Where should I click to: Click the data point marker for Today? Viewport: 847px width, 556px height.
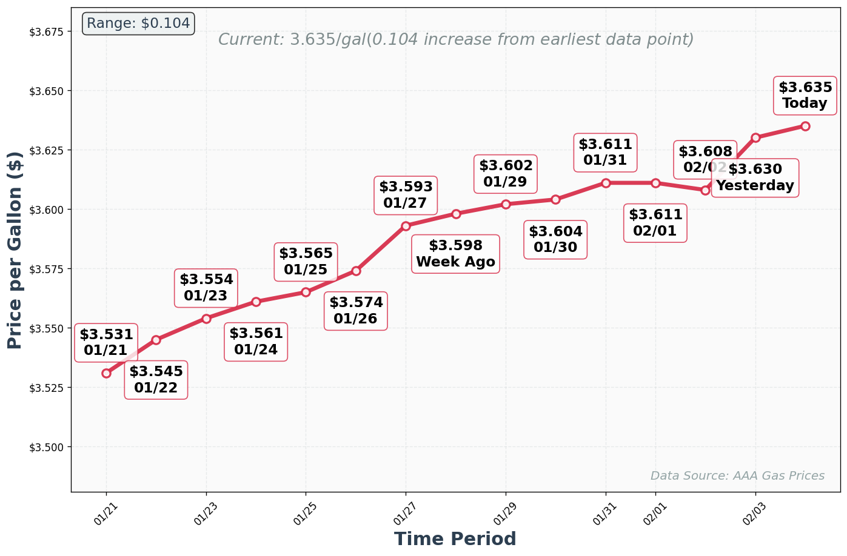pyautogui.click(x=805, y=126)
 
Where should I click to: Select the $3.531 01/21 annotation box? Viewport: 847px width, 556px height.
pyautogui.click(x=106, y=342)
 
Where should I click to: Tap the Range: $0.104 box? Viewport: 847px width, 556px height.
pyautogui.click(x=138, y=24)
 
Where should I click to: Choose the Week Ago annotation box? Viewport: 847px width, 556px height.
pyautogui.click(x=455, y=254)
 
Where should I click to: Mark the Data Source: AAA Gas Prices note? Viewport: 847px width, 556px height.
pyautogui.click(x=737, y=475)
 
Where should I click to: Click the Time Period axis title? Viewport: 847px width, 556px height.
pyautogui.click(x=455, y=539)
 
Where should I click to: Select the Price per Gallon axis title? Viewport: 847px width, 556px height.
pyautogui.click(x=15, y=250)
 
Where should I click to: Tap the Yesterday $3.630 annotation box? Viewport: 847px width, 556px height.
pyautogui.click(x=755, y=177)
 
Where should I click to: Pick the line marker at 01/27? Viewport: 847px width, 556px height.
pyautogui.click(x=406, y=226)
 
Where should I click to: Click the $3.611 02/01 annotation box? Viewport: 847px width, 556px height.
pyautogui.click(x=655, y=223)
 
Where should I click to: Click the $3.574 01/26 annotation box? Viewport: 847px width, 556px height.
pyautogui.click(x=356, y=311)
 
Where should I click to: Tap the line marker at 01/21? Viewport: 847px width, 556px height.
pyautogui.click(x=106, y=373)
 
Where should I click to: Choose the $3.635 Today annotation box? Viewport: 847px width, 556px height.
pyautogui.click(x=805, y=96)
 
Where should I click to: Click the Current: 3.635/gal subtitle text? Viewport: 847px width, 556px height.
pyautogui.click(x=455, y=39)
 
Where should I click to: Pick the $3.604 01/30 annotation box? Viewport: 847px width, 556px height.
pyautogui.click(x=555, y=239)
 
